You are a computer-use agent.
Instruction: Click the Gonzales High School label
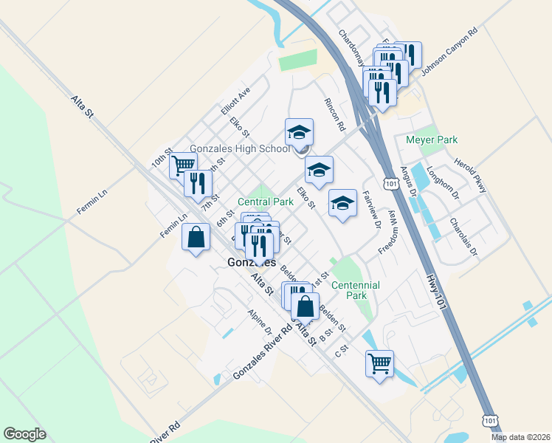pos(240,148)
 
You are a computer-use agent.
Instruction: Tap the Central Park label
pos(266,201)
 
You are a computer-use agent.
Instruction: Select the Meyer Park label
pos(432,140)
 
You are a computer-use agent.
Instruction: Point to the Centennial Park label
pos(355,290)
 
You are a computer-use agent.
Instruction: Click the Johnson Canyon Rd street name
pos(449,52)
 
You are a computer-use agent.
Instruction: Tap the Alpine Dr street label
pos(261,322)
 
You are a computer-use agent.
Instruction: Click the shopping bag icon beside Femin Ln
pos(196,238)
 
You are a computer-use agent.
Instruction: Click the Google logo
pos(24,434)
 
